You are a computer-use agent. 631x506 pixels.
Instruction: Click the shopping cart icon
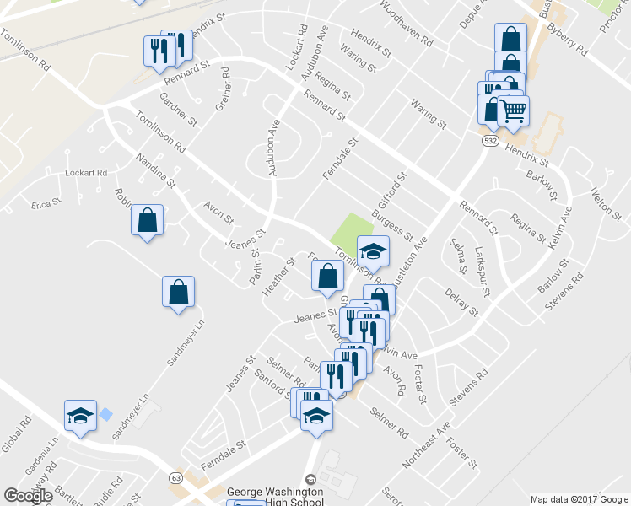(x=514, y=110)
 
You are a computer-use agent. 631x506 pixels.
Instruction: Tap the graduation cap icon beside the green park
(x=373, y=251)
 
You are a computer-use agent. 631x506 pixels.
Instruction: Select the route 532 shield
(x=489, y=143)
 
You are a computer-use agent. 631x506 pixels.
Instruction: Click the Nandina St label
(x=155, y=170)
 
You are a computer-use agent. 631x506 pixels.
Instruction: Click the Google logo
(x=28, y=496)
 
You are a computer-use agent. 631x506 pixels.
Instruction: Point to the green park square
(x=352, y=229)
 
